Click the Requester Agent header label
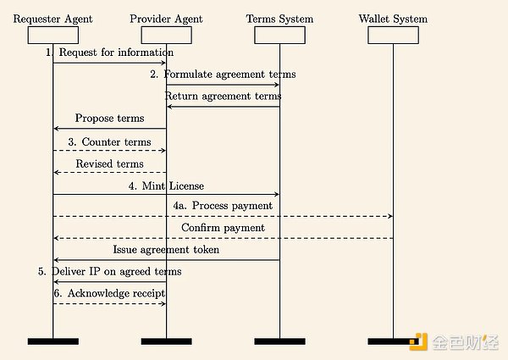coord(52,19)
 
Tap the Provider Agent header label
coord(166,19)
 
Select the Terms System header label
coord(279,19)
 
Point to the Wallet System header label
coord(393,19)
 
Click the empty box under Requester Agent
coord(52,35)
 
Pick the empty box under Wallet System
coord(393,35)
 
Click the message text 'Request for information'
coord(110,53)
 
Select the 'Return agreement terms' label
coord(223,97)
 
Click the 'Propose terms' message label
coord(109,119)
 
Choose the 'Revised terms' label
coord(109,163)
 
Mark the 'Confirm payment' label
coord(223,228)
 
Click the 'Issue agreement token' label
coord(166,250)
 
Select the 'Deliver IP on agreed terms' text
coord(109,272)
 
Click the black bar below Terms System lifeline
coord(279,341)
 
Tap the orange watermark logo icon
coord(419,342)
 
